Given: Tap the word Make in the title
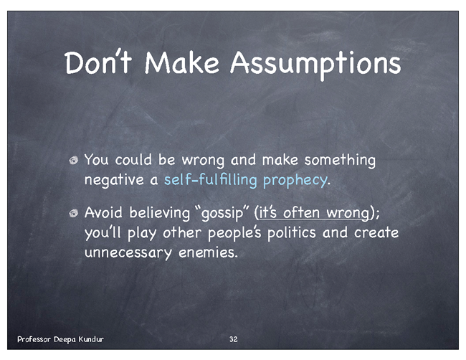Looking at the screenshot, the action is click(x=182, y=62).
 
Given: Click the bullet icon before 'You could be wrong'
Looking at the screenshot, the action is click(x=73, y=161).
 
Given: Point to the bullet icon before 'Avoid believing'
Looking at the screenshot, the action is click(x=73, y=213).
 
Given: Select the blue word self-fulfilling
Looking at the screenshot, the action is click(x=210, y=180).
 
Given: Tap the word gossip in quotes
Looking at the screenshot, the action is click(x=222, y=214).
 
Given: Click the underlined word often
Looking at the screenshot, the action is click(x=301, y=212).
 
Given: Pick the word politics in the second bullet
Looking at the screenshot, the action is click(x=291, y=232).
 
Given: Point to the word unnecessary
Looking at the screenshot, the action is click(x=128, y=253).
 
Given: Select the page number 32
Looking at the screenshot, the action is click(x=233, y=339).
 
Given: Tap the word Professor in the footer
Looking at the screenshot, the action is click(x=34, y=339).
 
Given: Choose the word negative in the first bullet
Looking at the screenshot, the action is click(x=114, y=181).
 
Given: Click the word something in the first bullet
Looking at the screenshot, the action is click(x=340, y=161).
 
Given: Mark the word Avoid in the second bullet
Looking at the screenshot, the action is click(x=103, y=213).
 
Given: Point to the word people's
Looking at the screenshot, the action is click(x=234, y=233).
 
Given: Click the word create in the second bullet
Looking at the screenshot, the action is click(x=376, y=232).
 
